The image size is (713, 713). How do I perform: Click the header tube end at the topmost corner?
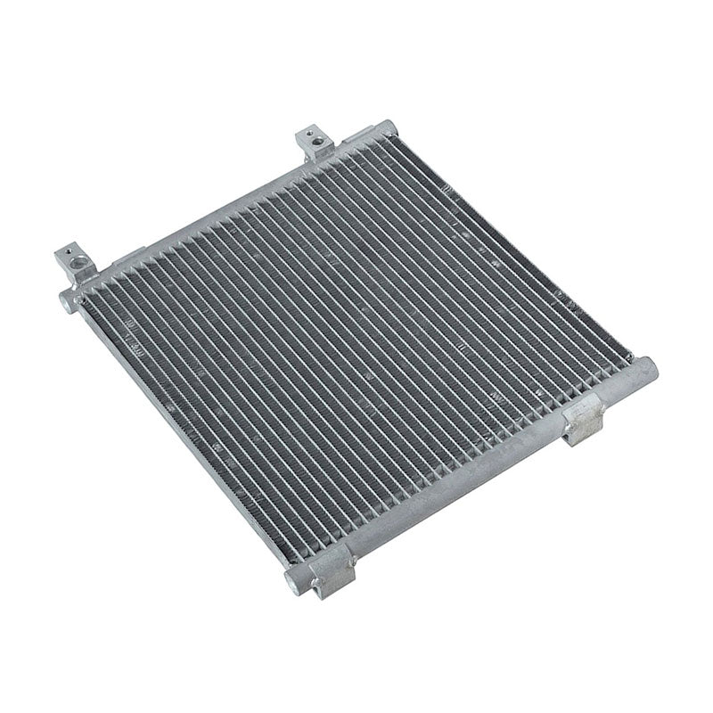383,129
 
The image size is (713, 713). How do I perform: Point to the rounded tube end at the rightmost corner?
646,366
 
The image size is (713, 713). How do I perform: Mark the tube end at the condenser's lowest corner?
296,585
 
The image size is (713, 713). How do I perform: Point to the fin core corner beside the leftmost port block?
89,299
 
